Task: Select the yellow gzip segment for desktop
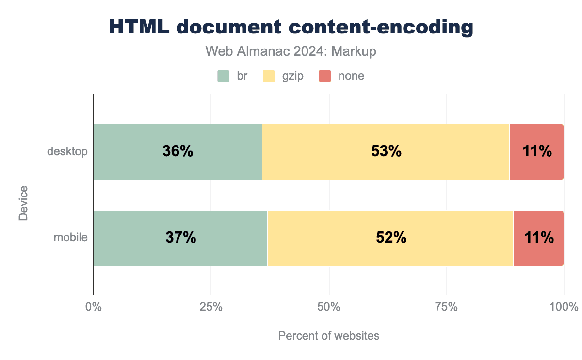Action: (x=339, y=165)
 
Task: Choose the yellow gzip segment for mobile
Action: (x=339, y=252)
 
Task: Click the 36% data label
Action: (x=178, y=151)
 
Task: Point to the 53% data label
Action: (x=386, y=151)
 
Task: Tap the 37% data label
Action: (x=180, y=238)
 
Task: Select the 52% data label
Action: (x=391, y=238)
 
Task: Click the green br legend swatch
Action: (x=223, y=76)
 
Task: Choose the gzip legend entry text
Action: (x=292, y=76)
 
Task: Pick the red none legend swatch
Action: (x=324, y=76)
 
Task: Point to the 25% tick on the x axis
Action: (x=211, y=307)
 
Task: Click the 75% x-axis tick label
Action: (x=447, y=307)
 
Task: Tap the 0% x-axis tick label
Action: (x=93, y=307)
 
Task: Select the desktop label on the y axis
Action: (x=67, y=151)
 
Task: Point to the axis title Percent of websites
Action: (x=328, y=336)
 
